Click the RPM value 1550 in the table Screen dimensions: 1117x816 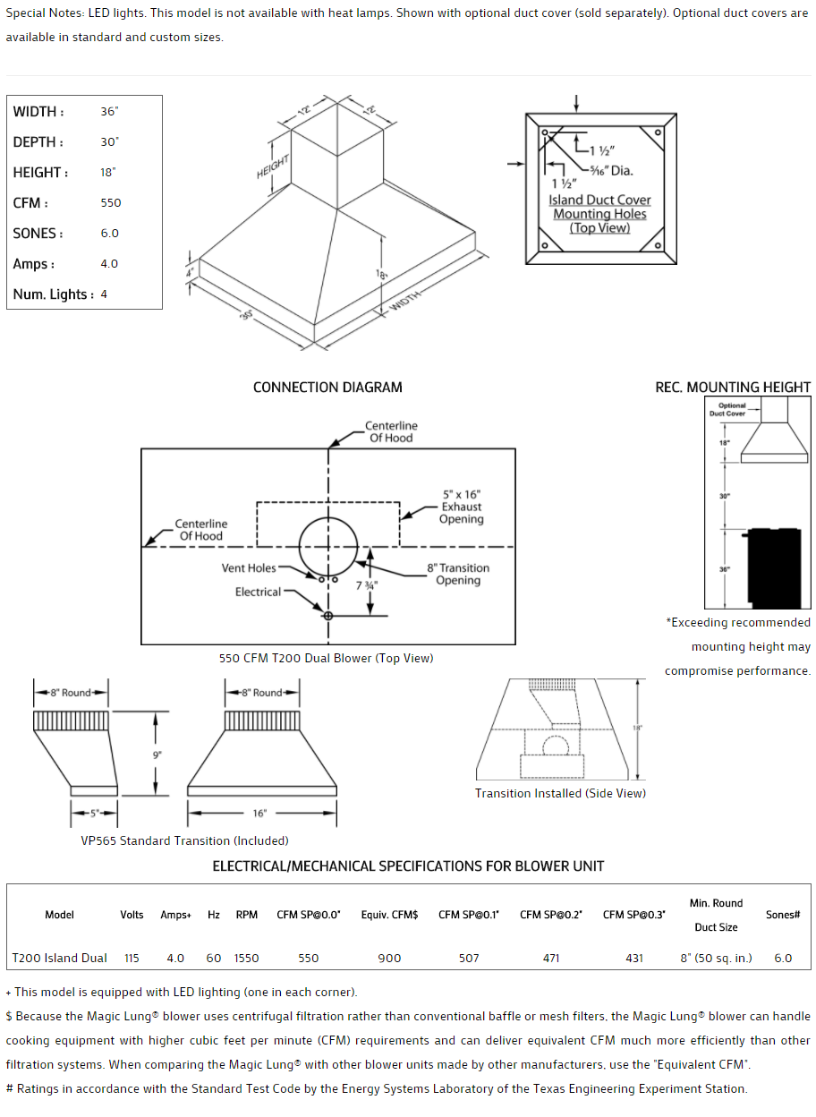247,958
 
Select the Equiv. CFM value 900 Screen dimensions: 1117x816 389,958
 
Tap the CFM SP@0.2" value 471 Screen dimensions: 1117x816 551,958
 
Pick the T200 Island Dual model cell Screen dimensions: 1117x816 59,958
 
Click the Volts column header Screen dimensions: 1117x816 132,915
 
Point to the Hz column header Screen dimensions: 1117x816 214,915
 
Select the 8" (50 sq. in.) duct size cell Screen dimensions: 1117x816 716,958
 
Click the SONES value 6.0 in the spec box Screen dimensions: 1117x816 110,233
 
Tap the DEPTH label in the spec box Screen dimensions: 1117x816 38,142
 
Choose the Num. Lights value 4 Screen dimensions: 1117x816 104,294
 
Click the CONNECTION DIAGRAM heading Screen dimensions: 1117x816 327,388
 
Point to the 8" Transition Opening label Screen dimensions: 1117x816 458,574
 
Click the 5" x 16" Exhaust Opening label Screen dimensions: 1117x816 462,507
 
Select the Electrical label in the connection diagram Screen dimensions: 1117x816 258,592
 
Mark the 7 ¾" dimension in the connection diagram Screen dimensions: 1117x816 366,585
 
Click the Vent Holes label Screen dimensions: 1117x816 249,567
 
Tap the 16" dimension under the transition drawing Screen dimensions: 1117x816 259,814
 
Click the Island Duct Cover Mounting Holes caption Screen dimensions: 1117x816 599,214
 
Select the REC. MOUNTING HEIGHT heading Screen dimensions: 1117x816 733,388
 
